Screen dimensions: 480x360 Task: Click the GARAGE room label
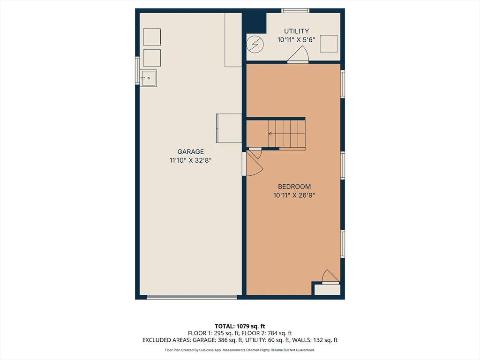(190, 151)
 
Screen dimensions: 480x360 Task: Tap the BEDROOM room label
(294, 187)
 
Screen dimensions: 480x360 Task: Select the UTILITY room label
(296, 31)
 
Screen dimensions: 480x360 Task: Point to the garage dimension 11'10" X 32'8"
(190, 160)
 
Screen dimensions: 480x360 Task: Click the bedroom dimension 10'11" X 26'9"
(294, 195)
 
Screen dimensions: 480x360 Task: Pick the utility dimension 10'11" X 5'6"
(296, 40)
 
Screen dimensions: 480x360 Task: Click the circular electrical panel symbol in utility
(255, 45)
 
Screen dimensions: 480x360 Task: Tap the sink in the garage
(148, 78)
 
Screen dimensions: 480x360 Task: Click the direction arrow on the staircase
(270, 134)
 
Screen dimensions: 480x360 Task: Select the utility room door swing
(298, 54)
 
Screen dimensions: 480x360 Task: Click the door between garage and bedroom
(253, 164)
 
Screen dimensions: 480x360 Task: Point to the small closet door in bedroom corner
(330, 277)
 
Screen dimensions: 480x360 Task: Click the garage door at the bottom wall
(192, 297)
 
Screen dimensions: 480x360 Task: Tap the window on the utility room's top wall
(295, 11)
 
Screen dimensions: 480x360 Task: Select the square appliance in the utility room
(329, 44)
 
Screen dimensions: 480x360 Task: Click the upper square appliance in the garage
(152, 37)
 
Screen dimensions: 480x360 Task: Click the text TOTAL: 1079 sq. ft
(240, 326)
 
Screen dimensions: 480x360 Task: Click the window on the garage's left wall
(137, 71)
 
